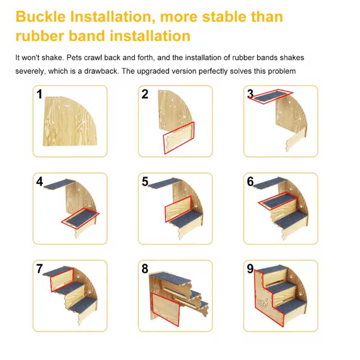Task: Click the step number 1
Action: pyautogui.click(x=39, y=94)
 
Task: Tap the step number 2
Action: pyautogui.click(x=145, y=94)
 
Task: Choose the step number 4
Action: pyautogui.click(x=40, y=182)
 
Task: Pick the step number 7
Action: pyautogui.click(x=40, y=269)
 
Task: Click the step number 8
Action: pyautogui.click(x=145, y=269)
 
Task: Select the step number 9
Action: pyautogui.click(x=251, y=269)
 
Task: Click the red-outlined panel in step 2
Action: pyautogui.click(x=179, y=138)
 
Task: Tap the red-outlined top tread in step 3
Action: pyautogui.click(x=272, y=96)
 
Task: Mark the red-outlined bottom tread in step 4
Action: pyautogui.click(x=80, y=218)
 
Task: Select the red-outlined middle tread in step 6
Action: pyautogui.click(x=278, y=201)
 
